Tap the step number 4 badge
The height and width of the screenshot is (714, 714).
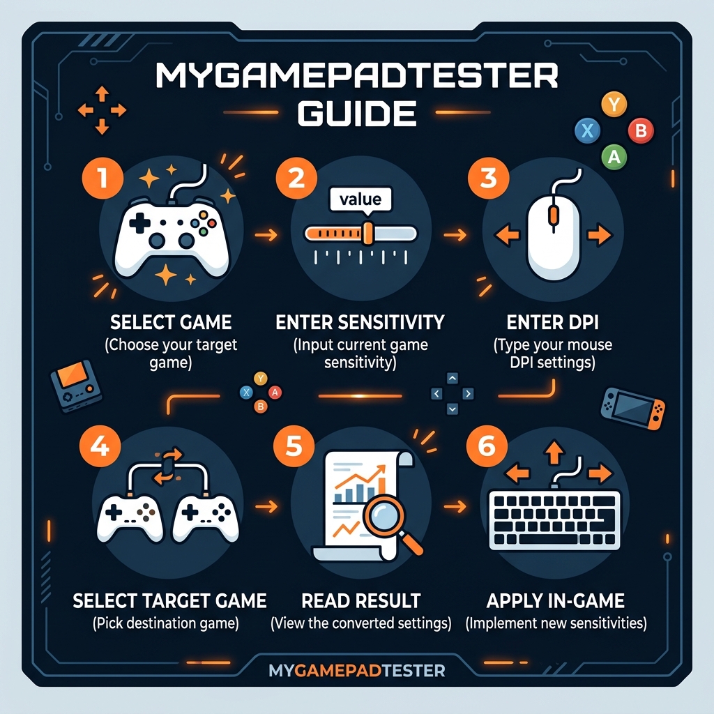pyautogui.click(x=100, y=446)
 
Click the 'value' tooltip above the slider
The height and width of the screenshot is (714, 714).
pyautogui.click(x=360, y=199)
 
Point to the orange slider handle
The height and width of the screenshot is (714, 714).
pyautogui.click(x=368, y=233)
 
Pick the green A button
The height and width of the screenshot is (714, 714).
pyautogui.click(x=614, y=156)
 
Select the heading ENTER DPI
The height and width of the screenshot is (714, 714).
pyautogui.click(x=552, y=323)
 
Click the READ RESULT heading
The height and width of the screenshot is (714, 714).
pyautogui.click(x=360, y=600)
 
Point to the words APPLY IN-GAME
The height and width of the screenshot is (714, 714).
pyautogui.click(x=556, y=600)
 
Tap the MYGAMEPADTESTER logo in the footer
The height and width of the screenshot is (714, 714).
pyautogui.click(x=356, y=671)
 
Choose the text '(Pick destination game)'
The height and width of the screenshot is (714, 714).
pyautogui.click(x=165, y=623)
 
